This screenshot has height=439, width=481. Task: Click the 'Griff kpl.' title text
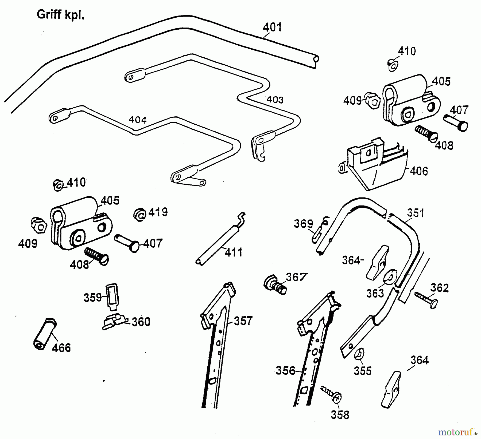click(x=60, y=15)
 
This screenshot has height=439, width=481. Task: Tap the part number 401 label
click(x=272, y=27)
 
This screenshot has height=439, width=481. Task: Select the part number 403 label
click(x=275, y=100)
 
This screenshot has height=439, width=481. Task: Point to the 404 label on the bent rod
click(x=138, y=120)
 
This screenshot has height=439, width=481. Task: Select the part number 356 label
click(x=285, y=370)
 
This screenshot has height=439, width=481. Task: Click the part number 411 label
click(x=234, y=252)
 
